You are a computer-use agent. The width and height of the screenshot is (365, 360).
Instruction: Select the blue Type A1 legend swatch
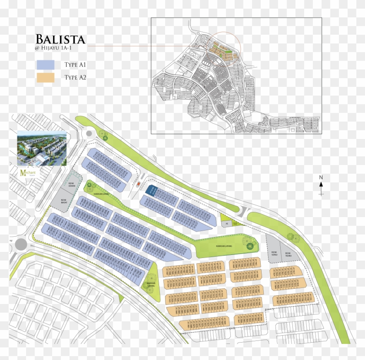[x=46, y=65]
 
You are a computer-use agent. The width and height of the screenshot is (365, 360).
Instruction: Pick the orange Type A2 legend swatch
[x=46, y=78]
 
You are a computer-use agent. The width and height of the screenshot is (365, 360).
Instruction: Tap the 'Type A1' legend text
[x=76, y=65]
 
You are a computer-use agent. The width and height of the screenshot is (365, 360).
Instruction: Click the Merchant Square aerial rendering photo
[x=42, y=148]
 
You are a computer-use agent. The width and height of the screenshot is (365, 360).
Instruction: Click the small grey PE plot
[x=226, y=224]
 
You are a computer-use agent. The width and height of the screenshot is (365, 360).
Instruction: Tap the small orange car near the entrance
[x=139, y=184]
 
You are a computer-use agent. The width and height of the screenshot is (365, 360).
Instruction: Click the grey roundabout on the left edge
[x=21, y=244]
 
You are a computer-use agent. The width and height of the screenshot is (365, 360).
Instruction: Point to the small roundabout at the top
[x=90, y=135]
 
